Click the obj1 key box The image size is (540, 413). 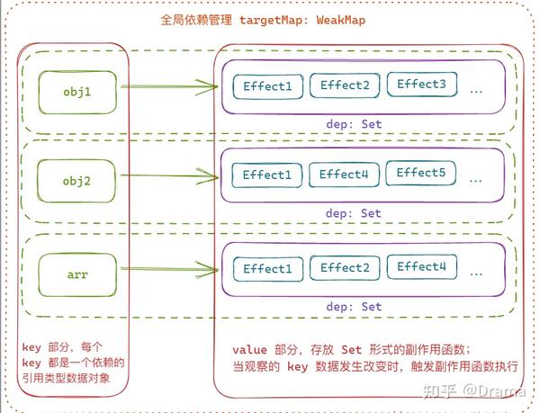pyautogui.click(x=77, y=93)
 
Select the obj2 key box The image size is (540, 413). pyautogui.click(x=76, y=181)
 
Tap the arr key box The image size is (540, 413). pyautogui.click(x=77, y=274)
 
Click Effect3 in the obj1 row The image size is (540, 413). pyautogui.click(x=422, y=85)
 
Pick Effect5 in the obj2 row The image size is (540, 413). pyautogui.click(x=421, y=173)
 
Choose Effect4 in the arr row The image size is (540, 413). pyautogui.click(x=422, y=266)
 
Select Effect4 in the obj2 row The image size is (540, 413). pyautogui.click(x=344, y=175)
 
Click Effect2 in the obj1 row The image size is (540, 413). pyautogui.click(x=345, y=85)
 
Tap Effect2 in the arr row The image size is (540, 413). pyautogui.click(x=345, y=268)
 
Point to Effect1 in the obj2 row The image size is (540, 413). pyautogui.click(x=267, y=175)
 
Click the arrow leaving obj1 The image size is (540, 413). pyautogui.click(x=169, y=86)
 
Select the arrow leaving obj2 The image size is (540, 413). pyautogui.click(x=169, y=175)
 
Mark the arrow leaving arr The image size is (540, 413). pyautogui.click(x=169, y=269)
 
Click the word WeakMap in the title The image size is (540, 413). pyautogui.click(x=341, y=20)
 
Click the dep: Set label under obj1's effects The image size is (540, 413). pyautogui.click(x=354, y=124)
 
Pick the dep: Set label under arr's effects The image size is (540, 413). pyautogui.click(x=354, y=306)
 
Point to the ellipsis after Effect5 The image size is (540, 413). pyautogui.click(x=475, y=181)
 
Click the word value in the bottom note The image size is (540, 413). pyautogui.click(x=249, y=350)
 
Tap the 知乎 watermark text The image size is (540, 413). pyautogui.click(x=440, y=391)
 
